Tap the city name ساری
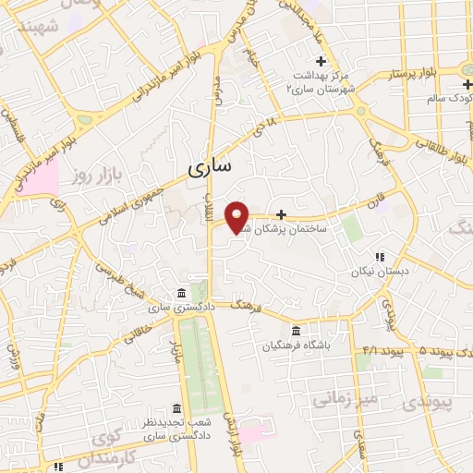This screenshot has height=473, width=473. click(x=211, y=168)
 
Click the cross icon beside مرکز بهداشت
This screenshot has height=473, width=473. click(x=320, y=61)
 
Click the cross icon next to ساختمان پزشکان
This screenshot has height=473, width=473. click(x=281, y=214)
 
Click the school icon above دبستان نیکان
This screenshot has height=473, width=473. click(x=378, y=258)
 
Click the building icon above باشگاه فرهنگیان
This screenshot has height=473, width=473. click(x=296, y=332)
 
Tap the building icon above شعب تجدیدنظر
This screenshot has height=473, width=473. click(x=176, y=408)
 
